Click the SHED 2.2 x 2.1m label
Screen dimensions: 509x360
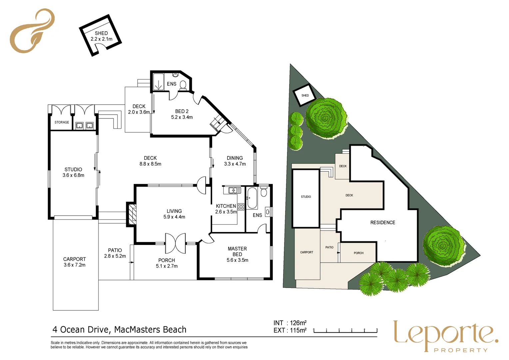point(101,36)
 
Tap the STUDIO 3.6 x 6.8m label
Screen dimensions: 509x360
point(73,172)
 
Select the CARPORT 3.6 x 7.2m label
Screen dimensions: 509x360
point(75,262)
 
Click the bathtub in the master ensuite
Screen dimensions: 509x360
point(252,198)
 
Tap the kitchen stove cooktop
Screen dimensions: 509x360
point(241,207)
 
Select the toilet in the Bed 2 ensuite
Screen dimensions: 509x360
point(183,86)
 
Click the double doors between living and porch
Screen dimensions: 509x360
point(175,243)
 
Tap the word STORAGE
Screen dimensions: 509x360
point(62,122)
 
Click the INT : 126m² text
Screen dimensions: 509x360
point(290,323)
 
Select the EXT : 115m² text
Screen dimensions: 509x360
point(290,330)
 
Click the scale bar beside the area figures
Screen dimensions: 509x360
point(345,331)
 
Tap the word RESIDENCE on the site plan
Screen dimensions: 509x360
point(383,223)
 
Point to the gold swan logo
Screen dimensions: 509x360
point(32,31)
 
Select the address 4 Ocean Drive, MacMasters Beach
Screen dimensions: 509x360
point(119,330)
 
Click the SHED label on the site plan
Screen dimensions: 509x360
point(305,96)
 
